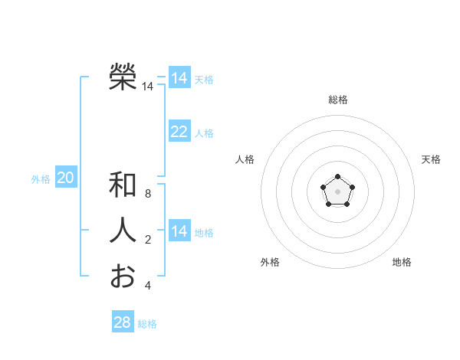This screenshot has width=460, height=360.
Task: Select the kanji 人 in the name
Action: tap(123, 231)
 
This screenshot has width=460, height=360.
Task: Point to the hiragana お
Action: tap(123, 276)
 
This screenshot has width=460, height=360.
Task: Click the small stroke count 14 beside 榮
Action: tap(147, 87)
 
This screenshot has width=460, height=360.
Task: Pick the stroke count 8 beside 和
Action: tap(148, 195)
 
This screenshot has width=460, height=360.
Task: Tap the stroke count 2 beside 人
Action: tap(148, 241)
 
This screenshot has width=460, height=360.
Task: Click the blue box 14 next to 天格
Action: tap(179, 77)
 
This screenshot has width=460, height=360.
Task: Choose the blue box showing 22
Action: tap(179, 132)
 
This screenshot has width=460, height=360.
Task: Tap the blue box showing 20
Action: tap(65, 178)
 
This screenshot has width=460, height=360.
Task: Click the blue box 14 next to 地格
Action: tap(179, 231)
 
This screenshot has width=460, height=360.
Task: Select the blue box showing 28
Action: tap(122, 322)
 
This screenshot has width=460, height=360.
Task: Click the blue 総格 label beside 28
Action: tap(147, 324)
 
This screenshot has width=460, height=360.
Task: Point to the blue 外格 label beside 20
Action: tap(41, 179)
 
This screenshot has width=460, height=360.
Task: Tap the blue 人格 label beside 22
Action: tap(204, 133)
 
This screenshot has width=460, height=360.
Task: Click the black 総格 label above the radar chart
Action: tap(337, 100)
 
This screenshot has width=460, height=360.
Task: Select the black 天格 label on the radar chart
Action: tap(431, 159)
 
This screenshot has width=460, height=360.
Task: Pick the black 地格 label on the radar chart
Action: tap(402, 262)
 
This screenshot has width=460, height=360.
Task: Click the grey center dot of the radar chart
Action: tap(337, 190)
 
